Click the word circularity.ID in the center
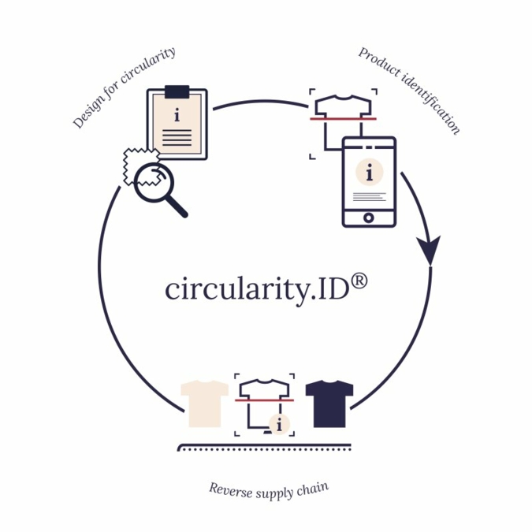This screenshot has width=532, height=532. (257, 289)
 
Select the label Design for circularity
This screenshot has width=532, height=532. (124, 87)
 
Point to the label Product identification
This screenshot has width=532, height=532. (409, 90)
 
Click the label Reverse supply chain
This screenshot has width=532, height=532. (268, 489)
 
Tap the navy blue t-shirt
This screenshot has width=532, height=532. (329, 403)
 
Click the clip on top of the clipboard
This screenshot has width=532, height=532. (177, 91)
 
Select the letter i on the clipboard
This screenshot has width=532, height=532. (177, 115)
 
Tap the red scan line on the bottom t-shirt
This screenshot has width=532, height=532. (265, 401)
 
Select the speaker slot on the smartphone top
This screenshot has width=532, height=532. (369, 146)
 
